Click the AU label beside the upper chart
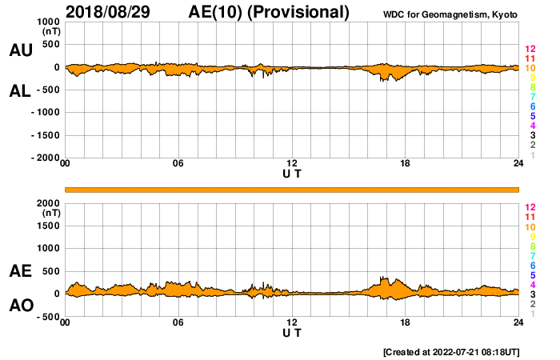[20, 50]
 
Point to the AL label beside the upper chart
[20, 91]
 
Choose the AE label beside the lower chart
[20, 271]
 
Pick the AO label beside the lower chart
[20, 306]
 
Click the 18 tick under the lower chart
[406, 322]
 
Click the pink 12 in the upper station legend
[530, 49]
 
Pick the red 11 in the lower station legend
[530, 217]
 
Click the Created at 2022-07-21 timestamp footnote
[451, 352]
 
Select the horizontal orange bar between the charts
[292, 189]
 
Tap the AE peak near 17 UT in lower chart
[382, 278]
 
